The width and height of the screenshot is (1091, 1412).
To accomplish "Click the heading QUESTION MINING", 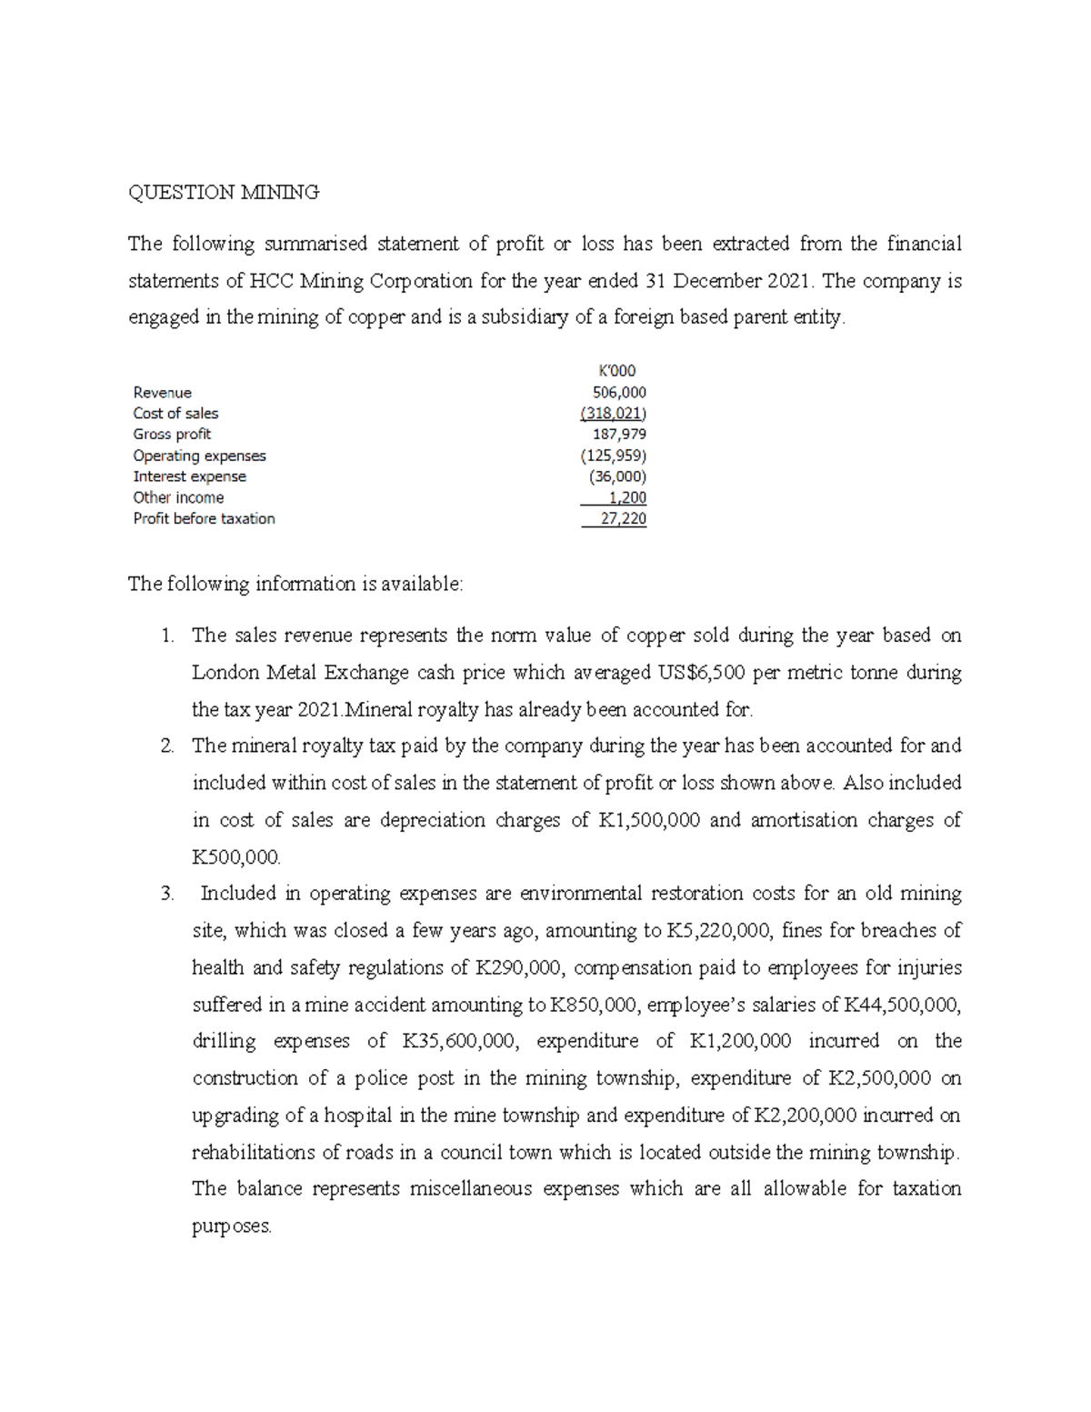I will point(224,192).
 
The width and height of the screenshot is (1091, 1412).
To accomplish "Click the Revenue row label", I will point(162,393).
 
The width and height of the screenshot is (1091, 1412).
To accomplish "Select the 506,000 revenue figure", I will point(619,393).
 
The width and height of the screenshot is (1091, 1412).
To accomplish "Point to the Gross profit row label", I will point(172,435).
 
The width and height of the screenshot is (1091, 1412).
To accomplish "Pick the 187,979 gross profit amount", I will point(619,435).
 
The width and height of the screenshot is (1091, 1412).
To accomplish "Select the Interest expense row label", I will point(189,476).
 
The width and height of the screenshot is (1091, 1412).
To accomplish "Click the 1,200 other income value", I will point(627,497).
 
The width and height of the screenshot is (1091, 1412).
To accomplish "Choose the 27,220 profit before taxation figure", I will point(623,518).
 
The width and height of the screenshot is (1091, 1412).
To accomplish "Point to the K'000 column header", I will point(617,371).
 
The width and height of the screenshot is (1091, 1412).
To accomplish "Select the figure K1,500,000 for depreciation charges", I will point(648,820).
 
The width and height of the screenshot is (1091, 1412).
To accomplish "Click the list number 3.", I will point(166,894).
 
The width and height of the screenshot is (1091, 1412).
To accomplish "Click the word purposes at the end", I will point(232,1226).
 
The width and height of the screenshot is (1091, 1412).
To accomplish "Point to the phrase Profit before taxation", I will point(204,518).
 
